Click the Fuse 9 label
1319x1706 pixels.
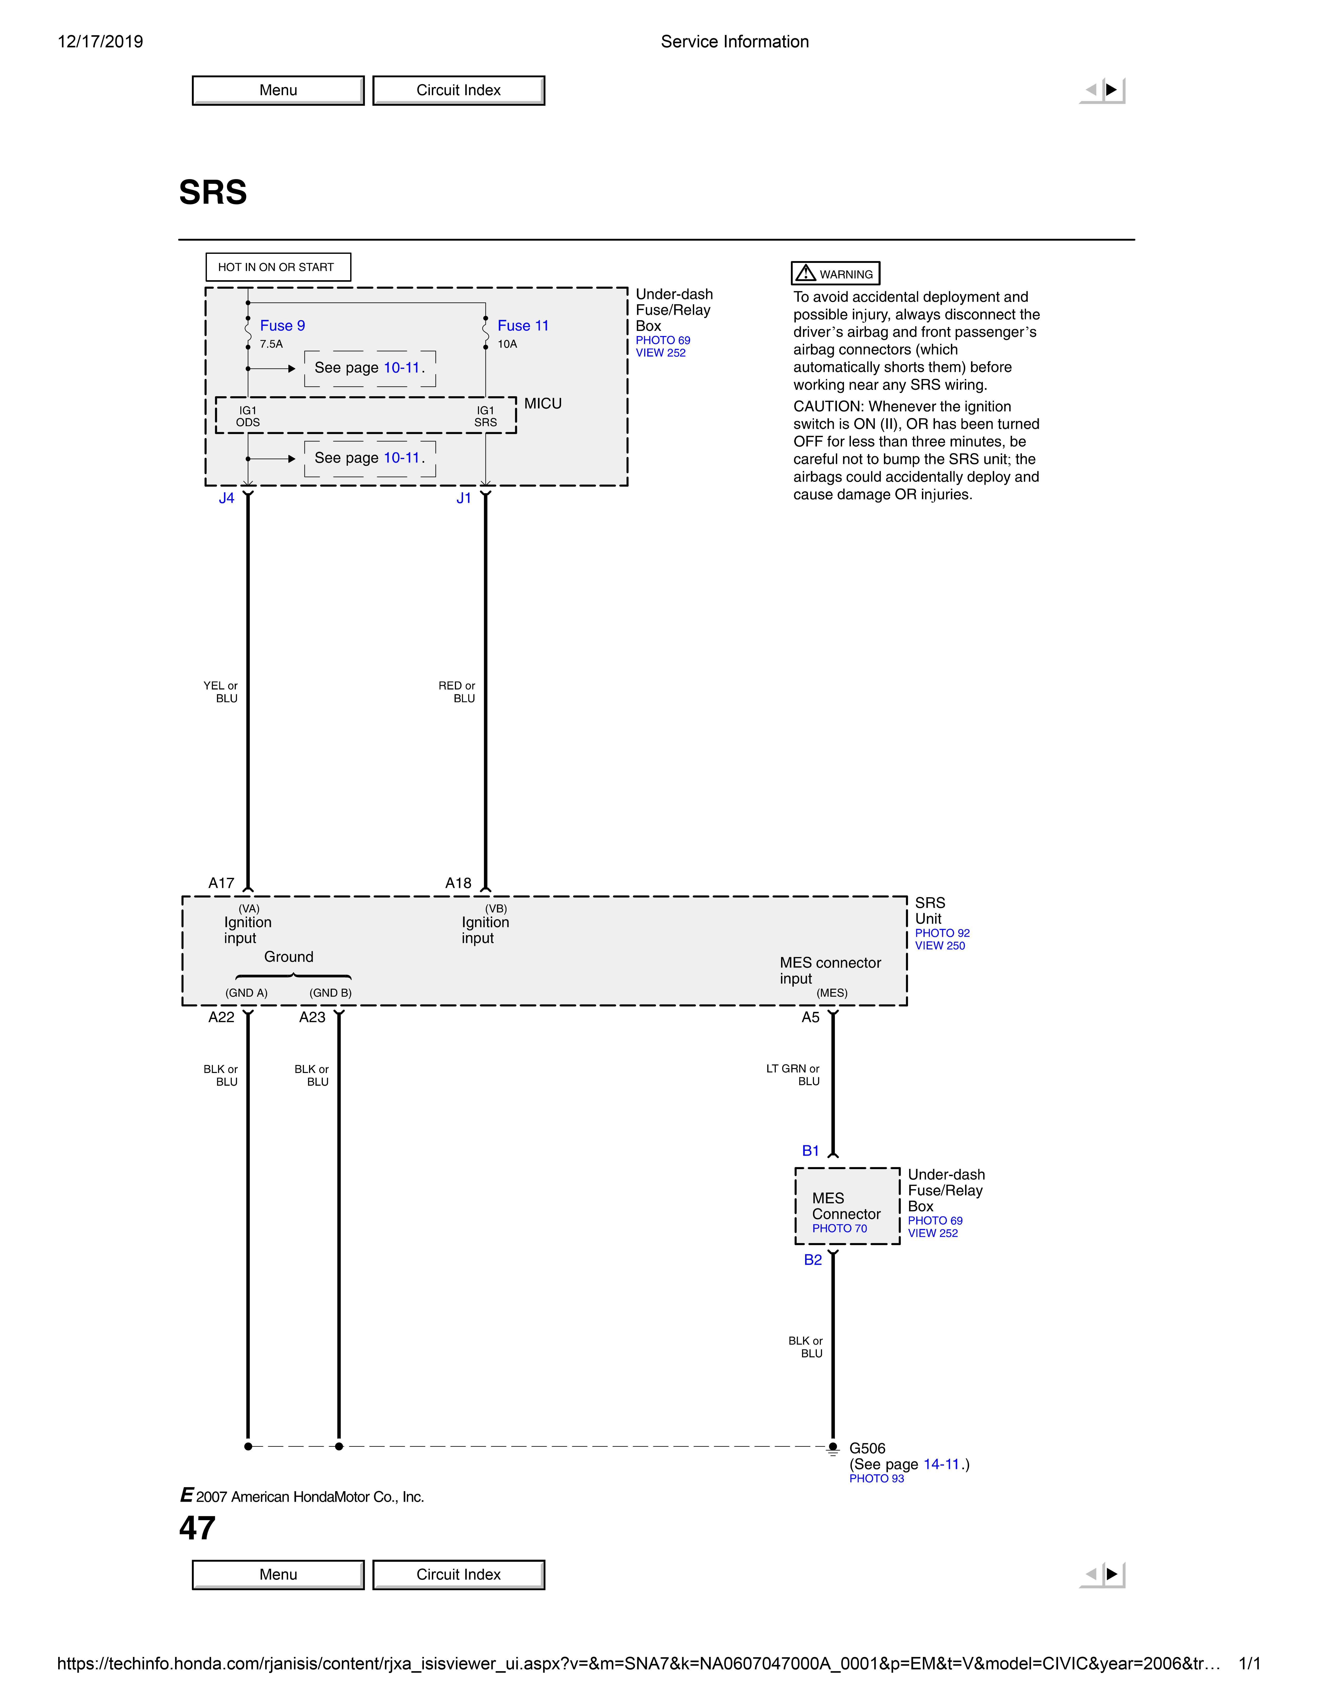pyautogui.click(x=282, y=326)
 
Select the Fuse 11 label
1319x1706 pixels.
pyautogui.click(x=523, y=326)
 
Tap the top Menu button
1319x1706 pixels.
pyautogui.click(x=278, y=90)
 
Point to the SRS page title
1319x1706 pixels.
pyautogui.click(x=213, y=192)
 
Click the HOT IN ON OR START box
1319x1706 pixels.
pyautogui.click(x=278, y=267)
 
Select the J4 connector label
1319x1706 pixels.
pyautogui.click(x=227, y=498)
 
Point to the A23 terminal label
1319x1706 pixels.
pyautogui.click(x=312, y=1017)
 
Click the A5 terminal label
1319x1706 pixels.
pyautogui.click(x=810, y=1017)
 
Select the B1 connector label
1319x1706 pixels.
pyautogui.click(x=810, y=1151)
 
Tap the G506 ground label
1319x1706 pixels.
pyautogui.click(x=867, y=1448)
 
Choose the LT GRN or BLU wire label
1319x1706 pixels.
pyautogui.click(x=793, y=1075)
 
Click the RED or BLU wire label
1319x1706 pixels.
pyautogui.click(x=457, y=692)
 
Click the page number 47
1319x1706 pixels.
pyautogui.click(x=197, y=1528)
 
